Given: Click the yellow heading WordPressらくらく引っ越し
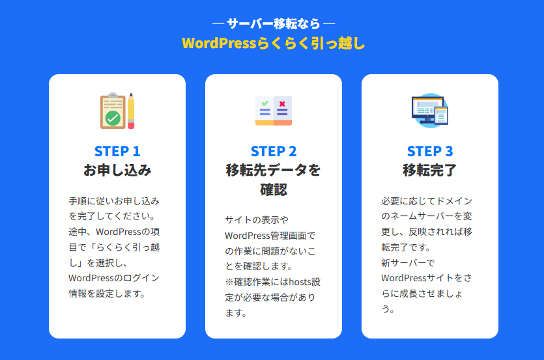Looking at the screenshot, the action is click(274, 44).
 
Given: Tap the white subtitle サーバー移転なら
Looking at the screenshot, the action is click(274, 23).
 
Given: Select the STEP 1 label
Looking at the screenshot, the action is click(117, 151).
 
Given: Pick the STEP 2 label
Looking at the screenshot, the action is click(274, 151).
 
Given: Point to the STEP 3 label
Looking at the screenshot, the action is click(430, 151).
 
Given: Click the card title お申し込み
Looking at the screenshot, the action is click(117, 171).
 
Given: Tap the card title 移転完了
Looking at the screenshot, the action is click(430, 171).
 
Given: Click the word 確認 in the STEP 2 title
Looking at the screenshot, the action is click(274, 189).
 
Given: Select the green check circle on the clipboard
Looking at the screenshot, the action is click(113, 118).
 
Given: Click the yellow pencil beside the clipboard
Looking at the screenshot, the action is click(131, 111).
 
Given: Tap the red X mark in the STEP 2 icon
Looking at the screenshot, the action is click(282, 104).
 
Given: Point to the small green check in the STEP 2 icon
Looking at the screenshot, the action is click(265, 104).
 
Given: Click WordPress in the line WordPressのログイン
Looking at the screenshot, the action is click(91, 278).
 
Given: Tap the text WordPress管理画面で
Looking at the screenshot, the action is click(270, 236).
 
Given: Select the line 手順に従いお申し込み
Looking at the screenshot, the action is click(114, 201).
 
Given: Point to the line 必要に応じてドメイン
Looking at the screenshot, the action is click(427, 201).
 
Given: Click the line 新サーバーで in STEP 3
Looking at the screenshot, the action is click(408, 263).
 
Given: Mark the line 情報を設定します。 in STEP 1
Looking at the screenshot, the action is click(107, 294).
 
